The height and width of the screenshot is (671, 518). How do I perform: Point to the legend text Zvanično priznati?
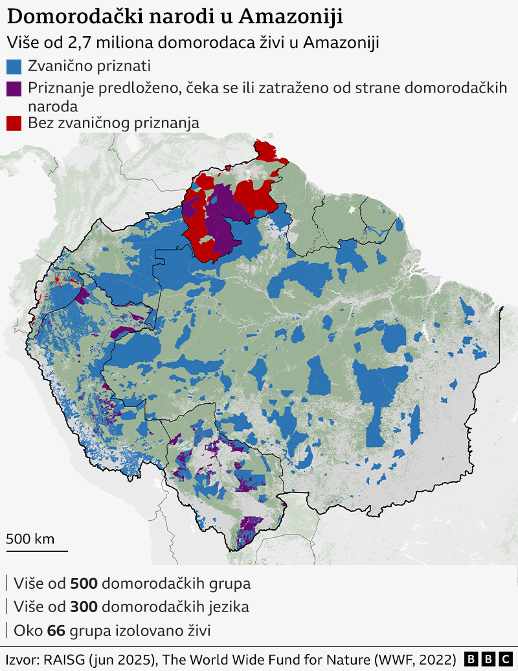pyautogui.click(x=89, y=66)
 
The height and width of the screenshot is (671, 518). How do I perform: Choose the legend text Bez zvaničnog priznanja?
pyautogui.click(x=113, y=123)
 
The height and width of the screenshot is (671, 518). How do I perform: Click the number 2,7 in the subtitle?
pyautogui.click(x=79, y=43)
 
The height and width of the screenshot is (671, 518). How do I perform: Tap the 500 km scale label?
pyautogui.click(x=30, y=538)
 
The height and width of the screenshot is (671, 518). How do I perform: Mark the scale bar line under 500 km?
pyautogui.click(x=37, y=551)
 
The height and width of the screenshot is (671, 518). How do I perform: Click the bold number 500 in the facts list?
pyautogui.click(x=84, y=584)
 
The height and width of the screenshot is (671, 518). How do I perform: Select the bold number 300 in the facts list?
pyautogui.click(x=84, y=607)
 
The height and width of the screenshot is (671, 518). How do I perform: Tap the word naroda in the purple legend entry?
pyautogui.click(x=52, y=105)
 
